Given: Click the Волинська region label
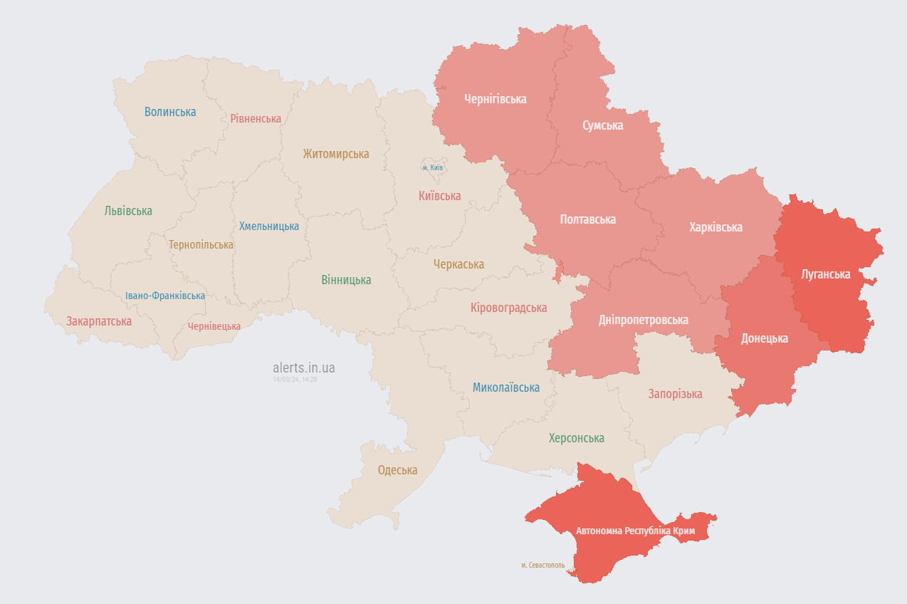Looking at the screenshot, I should (x=170, y=112).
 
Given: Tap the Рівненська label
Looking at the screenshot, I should (x=256, y=118).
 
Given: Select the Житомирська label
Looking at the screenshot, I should (x=336, y=154).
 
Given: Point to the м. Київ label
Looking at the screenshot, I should (x=433, y=167).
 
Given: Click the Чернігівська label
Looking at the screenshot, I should (x=496, y=99).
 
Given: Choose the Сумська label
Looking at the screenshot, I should (x=602, y=125).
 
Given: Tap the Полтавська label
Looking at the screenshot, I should (x=588, y=219).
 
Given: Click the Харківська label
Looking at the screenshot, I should (x=715, y=227).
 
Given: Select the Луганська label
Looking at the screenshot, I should (x=826, y=274).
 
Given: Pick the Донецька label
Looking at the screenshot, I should (x=765, y=338).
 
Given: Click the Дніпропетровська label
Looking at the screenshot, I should (x=643, y=320).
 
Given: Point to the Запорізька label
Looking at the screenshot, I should (x=675, y=394).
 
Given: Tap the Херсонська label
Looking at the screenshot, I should (x=576, y=438).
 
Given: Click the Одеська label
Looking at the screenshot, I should (x=397, y=470).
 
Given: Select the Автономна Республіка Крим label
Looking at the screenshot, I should (x=634, y=531).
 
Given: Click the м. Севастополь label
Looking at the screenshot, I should (x=543, y=566).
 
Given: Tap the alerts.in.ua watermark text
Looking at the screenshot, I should (x=304, y=368).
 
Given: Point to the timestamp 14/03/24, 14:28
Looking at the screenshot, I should (x=295, y=380).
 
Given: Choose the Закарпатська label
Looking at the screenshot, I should (x=99, y=321).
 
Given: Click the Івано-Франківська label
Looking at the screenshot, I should (x=165, y=296).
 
